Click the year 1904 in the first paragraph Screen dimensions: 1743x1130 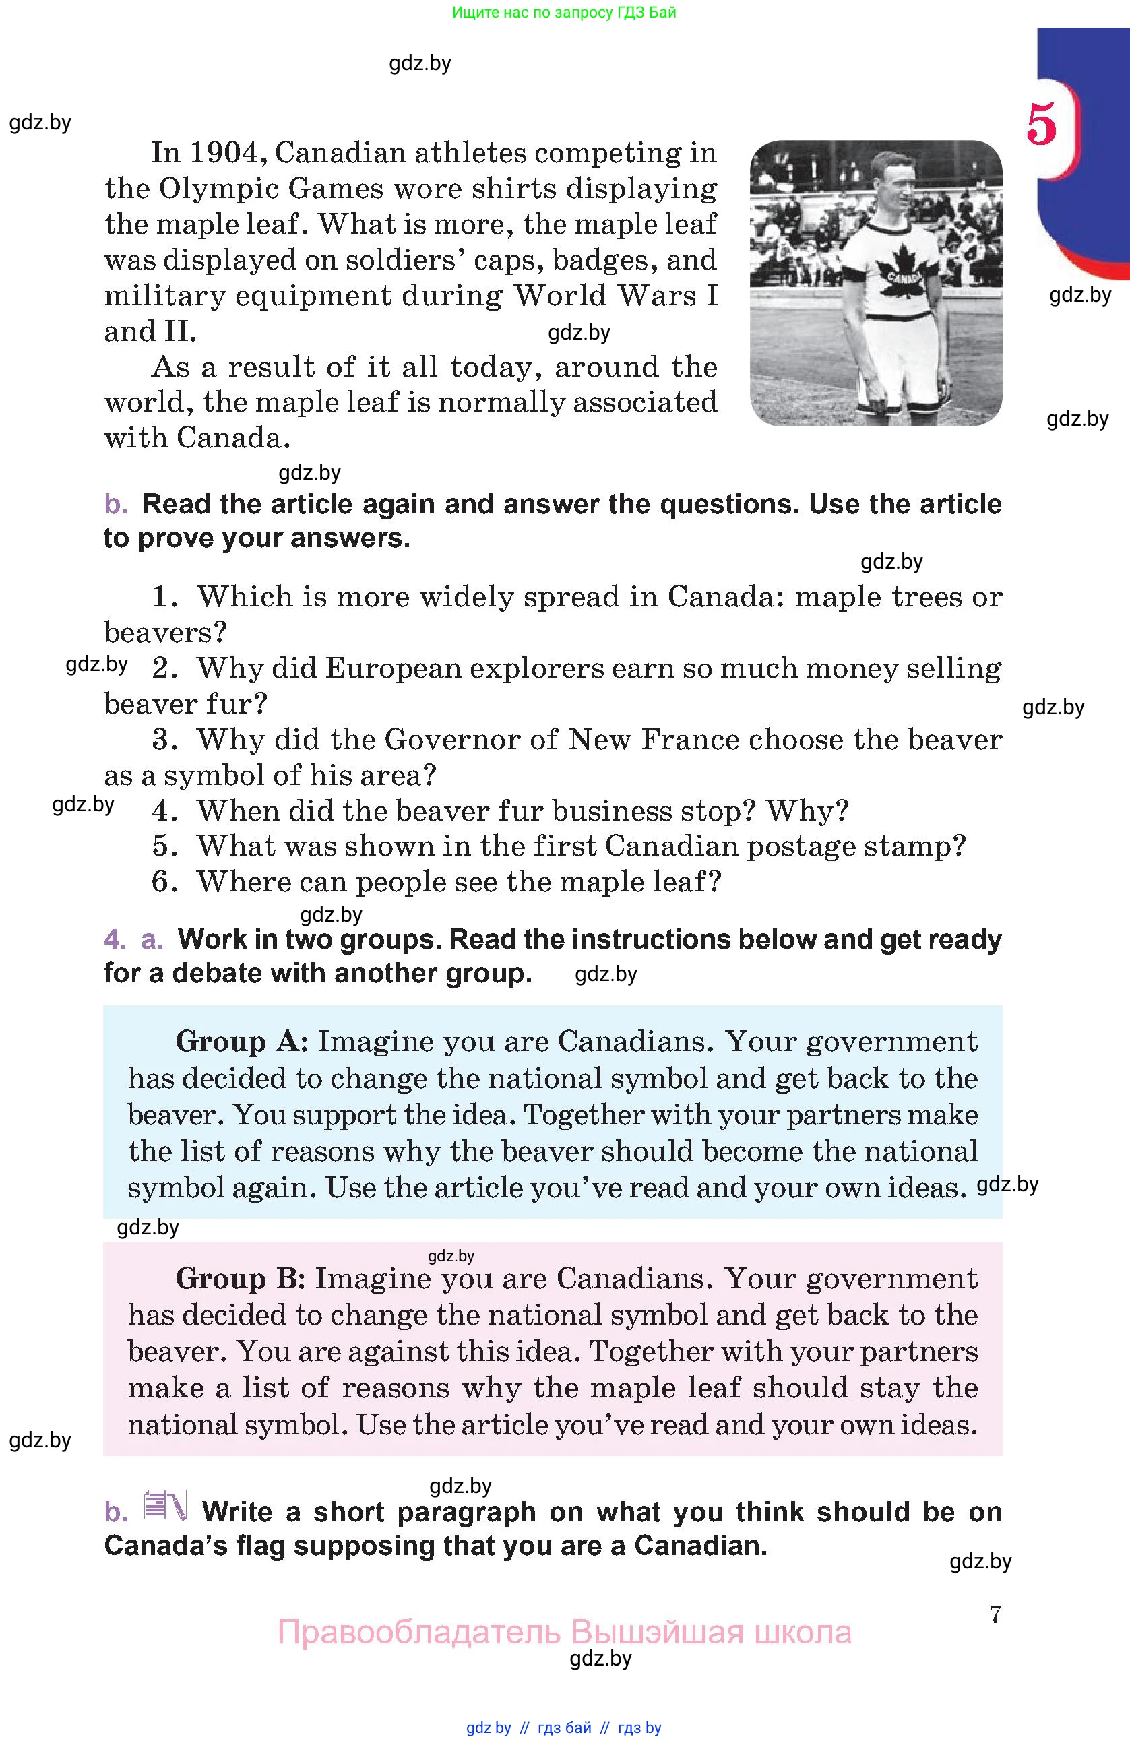(225, 153)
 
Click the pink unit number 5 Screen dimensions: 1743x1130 (1041, 125)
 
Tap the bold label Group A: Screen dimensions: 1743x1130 (242, 1042)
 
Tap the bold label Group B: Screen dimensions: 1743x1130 (240, 1279)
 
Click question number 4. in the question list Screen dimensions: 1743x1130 (165, 811)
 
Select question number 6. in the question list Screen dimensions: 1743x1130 (165, 882)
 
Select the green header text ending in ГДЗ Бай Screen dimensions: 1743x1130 (564, 12)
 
